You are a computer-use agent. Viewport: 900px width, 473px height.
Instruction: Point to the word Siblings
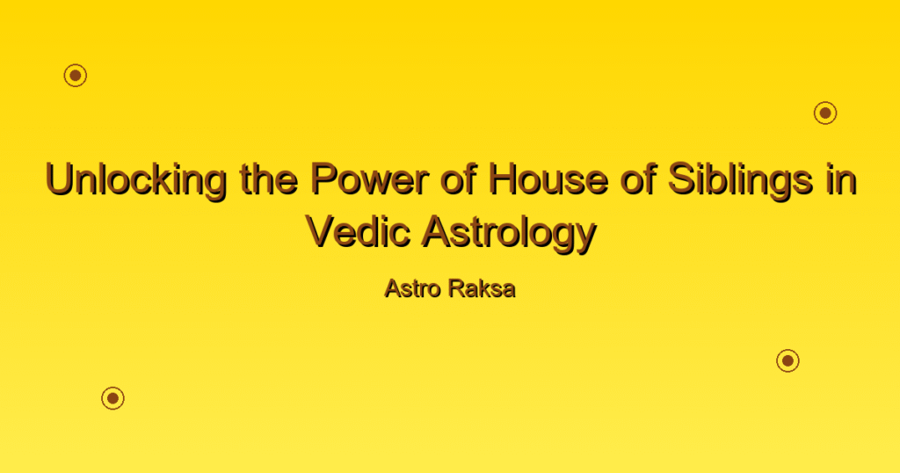(x=740, y=180)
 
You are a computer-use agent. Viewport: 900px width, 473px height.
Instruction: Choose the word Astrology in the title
(x=509, y=233)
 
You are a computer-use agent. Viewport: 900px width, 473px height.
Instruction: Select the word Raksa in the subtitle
(x=483, y=288)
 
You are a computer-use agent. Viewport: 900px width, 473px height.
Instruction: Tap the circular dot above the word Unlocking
(x=76, y=76)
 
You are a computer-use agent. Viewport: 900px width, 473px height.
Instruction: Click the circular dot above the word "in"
(x=825, y=113)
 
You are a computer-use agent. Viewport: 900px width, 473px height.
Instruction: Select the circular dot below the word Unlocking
(x=113, y=397)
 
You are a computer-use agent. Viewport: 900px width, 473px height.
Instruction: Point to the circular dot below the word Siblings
(x=788, y=360)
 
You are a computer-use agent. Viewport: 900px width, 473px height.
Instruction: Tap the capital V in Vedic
(x=322, y=231)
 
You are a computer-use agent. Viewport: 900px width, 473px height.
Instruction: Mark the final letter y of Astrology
(x=585, y=238)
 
